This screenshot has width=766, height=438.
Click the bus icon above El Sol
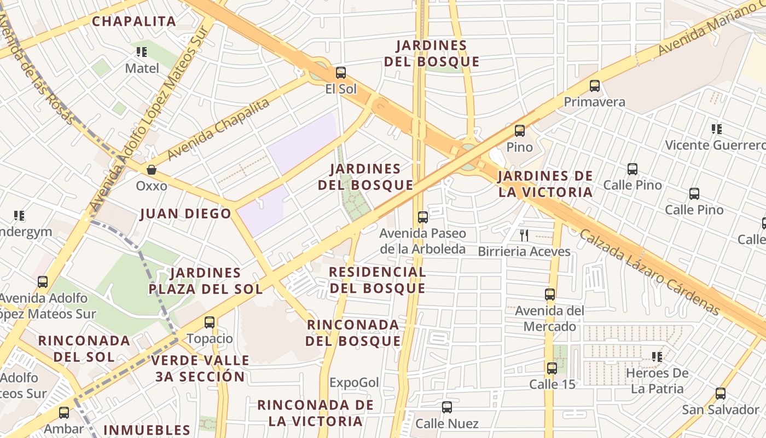(x=340, y=72)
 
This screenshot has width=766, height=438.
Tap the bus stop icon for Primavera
(x=595, y=86)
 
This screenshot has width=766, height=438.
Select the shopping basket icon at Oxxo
(x=152, y=170)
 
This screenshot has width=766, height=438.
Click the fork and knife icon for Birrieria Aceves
(x=524, y=235)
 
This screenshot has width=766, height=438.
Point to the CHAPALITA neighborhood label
(x=134, y=21)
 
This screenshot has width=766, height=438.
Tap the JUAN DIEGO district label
(x=186, y=214)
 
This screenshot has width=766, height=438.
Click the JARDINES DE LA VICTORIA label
(x=545, y=184)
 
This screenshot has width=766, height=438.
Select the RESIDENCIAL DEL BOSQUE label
(x=378, y=280)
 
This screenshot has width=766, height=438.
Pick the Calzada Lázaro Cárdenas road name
(x=649, y=272)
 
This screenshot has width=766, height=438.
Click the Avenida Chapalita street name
(x=218, y=130)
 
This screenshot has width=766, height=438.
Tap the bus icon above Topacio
(x=210, y=322)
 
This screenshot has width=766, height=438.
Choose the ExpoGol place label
(x=354, y=382)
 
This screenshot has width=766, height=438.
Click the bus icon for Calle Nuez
(x=447, y=407)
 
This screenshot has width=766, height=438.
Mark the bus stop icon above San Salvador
(x=721, y=394)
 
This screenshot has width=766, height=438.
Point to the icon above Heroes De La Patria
(x=657, y=357)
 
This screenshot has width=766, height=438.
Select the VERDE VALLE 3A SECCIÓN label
(x=200, y=368)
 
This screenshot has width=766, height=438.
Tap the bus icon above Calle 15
(x=552, y=368)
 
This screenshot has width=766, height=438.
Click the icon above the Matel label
(x=142, y=52)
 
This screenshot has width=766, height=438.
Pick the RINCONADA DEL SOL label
(x=84, y=349)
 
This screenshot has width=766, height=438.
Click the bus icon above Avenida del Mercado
(x=550, y=295)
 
